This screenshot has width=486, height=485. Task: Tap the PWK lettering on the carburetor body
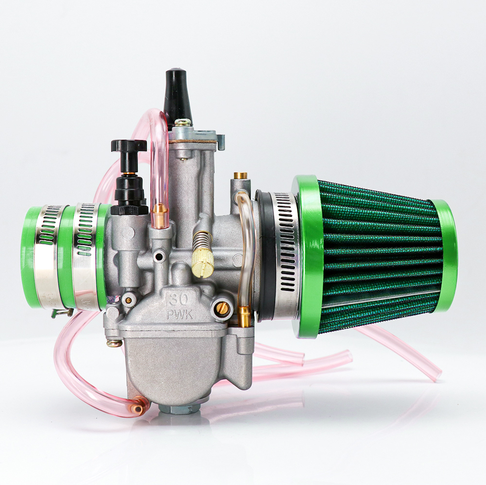[180, 315]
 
